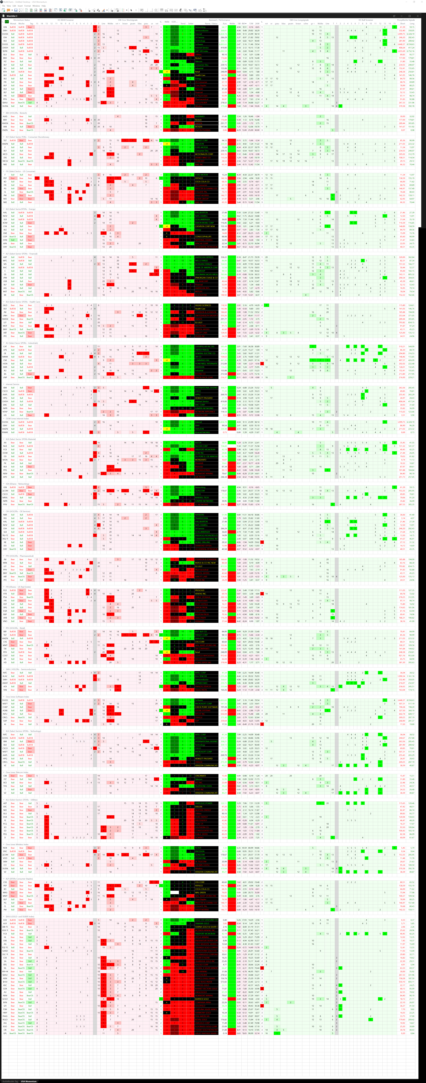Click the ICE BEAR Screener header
click(x=65, y=20)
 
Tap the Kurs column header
click(x=224, y=23)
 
